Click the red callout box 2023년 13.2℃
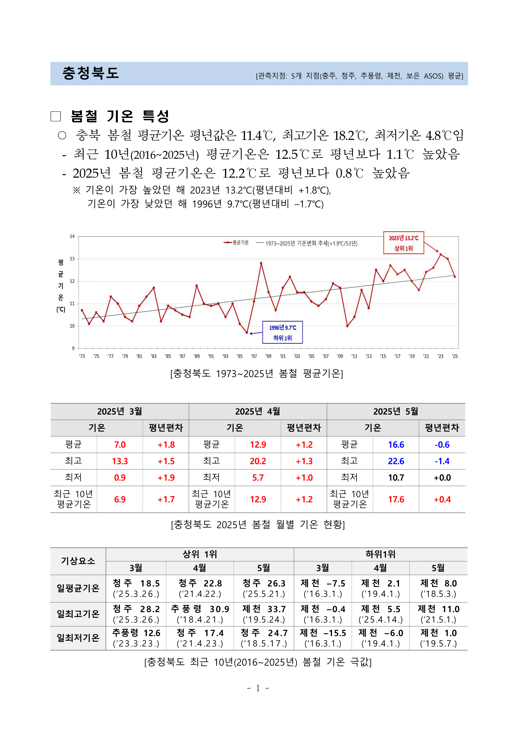404,243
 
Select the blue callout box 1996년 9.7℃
282,332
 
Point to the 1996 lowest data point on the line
247,332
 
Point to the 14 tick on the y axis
72,236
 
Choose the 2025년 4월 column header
258,411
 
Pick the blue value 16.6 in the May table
396,445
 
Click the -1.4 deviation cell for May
442,461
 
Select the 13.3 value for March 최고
120,461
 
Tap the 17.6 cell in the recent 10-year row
396,499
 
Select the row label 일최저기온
78,637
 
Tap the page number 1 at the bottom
258,688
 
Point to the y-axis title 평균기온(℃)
61,285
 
